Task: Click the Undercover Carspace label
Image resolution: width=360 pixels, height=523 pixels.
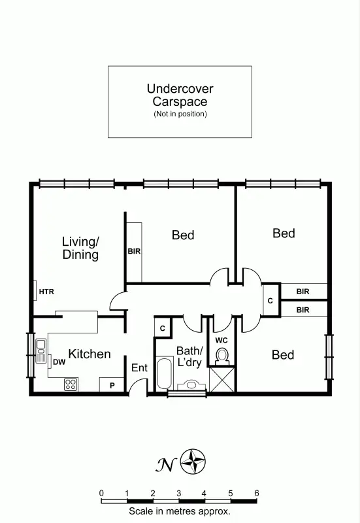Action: click(180, 95)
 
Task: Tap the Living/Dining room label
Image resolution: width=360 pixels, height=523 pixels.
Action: click(80, 248)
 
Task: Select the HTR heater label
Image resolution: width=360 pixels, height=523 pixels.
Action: click(46, 292)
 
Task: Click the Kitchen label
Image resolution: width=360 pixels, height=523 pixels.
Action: click(90, 354)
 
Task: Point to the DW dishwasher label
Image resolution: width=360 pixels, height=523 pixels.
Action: click(59, 362)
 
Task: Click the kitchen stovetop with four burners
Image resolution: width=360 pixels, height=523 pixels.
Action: click(71, 384)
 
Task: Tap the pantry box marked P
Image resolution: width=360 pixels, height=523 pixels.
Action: click(112, 385)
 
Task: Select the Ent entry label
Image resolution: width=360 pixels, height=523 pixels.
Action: click(140, 368)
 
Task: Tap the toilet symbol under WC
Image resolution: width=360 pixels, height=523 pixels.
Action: click(222, 356)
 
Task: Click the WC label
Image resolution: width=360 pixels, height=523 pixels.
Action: click(221, 340)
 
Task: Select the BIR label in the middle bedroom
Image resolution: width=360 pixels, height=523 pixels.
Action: click(134, 251)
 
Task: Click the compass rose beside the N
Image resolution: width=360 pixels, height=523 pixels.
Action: click(193, 462)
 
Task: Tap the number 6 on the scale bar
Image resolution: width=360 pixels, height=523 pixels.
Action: click(257, 493)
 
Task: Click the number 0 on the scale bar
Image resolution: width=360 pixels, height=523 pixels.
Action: click(101, 493)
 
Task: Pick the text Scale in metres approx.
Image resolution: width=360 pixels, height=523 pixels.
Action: click(180, 512)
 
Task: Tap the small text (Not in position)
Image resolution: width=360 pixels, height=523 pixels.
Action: click(180, 114)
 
